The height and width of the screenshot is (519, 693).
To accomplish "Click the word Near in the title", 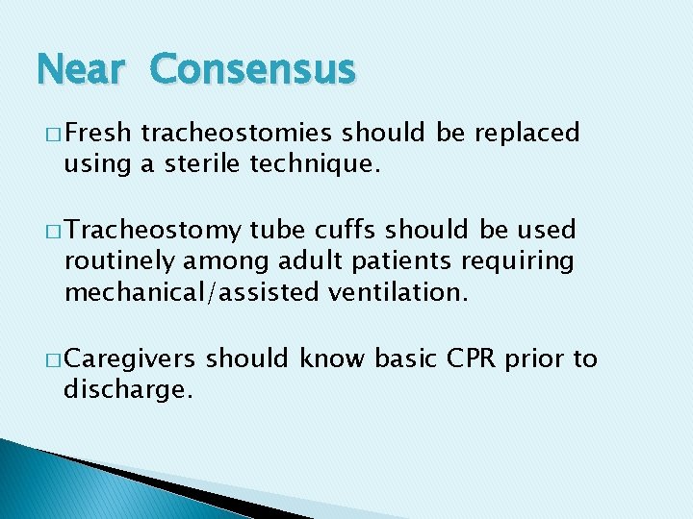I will pyautogui.click(x=81, y=70).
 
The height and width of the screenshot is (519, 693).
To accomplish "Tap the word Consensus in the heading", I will pyautogui.click(x=253, y=70).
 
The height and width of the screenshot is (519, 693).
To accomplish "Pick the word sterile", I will pyautogui.click(x=195, y=165).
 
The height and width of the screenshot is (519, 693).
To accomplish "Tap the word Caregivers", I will pyautogui.click(x=131, y=359).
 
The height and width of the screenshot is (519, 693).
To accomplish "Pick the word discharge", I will pyautogui.click(x=124, y=391).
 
